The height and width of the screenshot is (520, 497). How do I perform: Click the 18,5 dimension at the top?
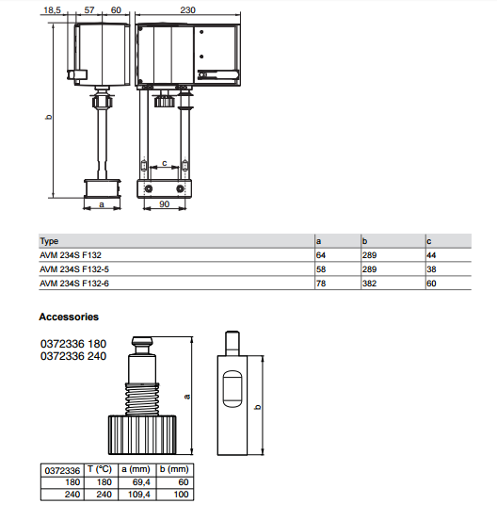click(x=53, y=10)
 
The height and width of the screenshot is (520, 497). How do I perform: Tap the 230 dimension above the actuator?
click(x=187, y=10)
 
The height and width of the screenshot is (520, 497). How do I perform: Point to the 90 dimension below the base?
click(x=165, y=204)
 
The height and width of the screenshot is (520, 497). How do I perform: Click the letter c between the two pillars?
click(x=165, y=163)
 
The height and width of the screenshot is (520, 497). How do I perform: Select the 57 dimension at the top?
click(x=89, y=10)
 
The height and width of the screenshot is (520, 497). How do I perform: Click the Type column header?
click(x=49, y=241)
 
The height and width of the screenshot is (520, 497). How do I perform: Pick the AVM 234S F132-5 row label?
click(x=74, y=269)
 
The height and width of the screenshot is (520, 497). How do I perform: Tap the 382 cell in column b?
click(x=369, y=284)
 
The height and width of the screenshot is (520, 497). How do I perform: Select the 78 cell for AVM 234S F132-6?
click(x=321, y=284)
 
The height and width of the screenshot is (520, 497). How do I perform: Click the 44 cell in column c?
click(x=431, y=255)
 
